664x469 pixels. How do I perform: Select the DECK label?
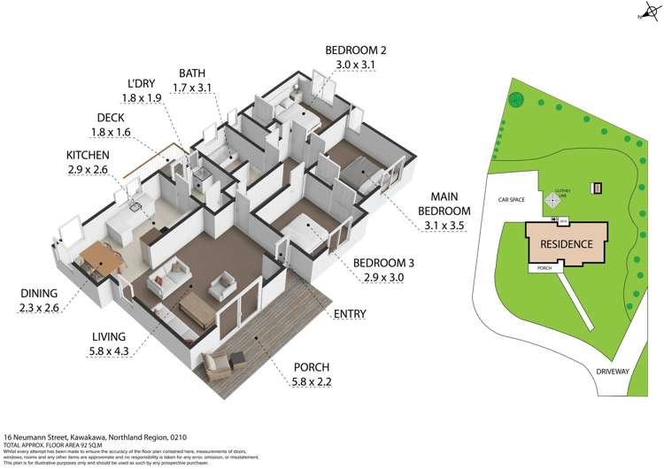[111, 118]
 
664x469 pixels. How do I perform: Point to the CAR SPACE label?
[512, 200]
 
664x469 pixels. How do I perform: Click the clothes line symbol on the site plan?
[553, 200]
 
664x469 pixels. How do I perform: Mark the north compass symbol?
[645, 11]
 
